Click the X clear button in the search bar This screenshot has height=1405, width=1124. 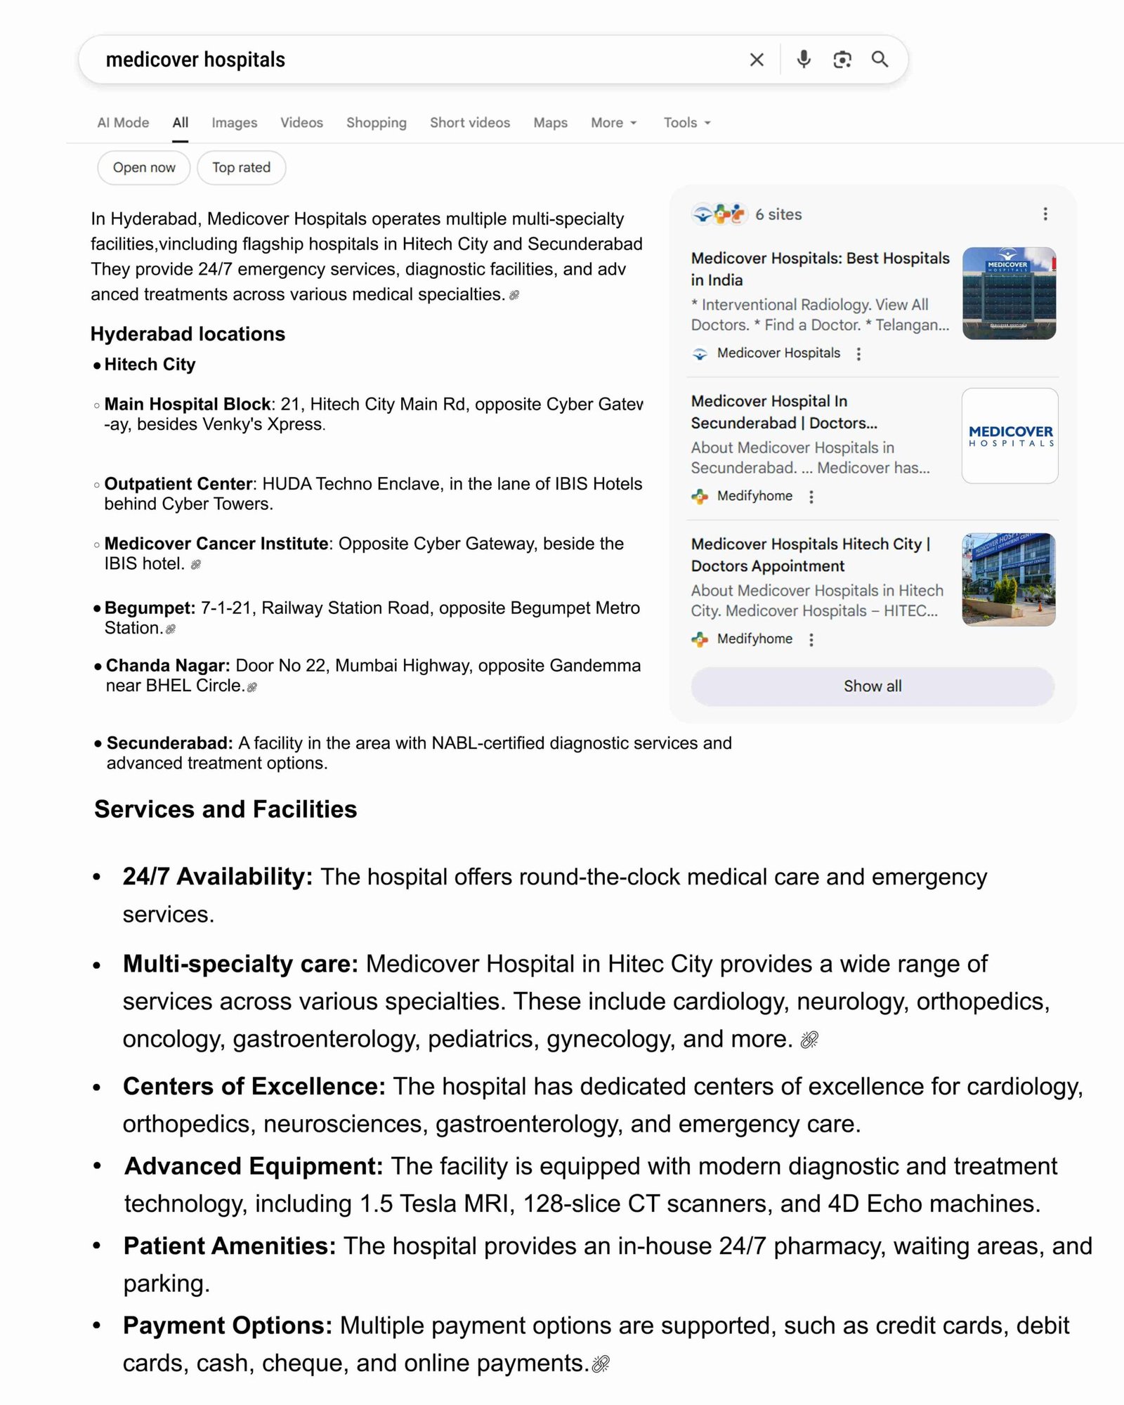tap(757, 60)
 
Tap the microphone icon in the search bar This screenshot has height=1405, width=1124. tap(804, 60)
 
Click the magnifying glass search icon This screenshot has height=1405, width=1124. tap(880, 60)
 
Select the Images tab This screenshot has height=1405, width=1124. tap(234, 123)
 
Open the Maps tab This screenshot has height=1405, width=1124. tap(550, 123)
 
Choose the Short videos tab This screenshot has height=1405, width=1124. tap(470, 123)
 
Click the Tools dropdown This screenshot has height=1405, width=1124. tap(686, 123)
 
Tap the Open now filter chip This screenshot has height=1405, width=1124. tap(144, 168)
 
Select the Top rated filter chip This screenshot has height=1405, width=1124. tap(241, 168)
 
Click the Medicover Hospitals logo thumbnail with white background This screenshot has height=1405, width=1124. tap(1009, 436)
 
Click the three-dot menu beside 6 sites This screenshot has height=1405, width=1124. tap(1045, 214)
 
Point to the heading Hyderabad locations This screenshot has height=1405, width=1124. tap(188, 334)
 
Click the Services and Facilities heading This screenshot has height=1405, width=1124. tap(226, 809)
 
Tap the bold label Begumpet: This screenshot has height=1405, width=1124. tap(150, 608)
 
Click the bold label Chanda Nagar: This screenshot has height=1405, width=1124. tap(168, 665)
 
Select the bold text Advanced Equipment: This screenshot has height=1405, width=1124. tap(253, 1166)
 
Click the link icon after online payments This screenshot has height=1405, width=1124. tap(601, 1364)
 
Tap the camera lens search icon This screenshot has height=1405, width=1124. tap(842, 60)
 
